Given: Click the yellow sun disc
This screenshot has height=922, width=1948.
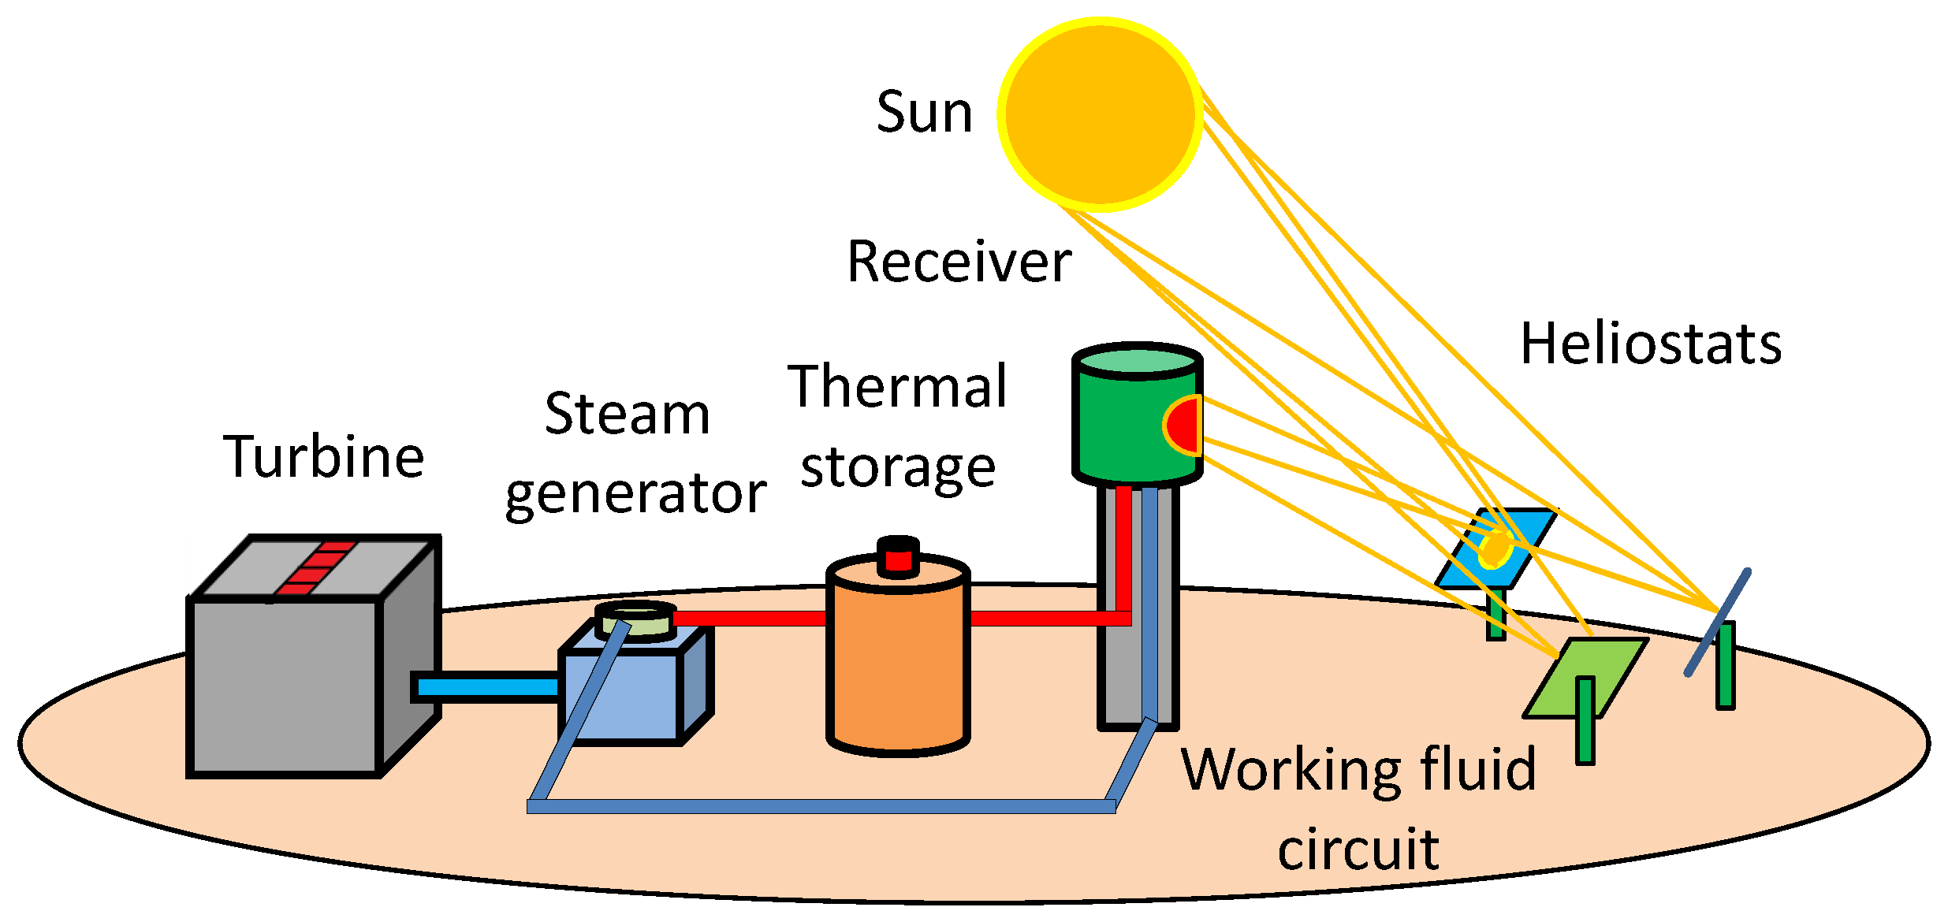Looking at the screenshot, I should (1100, 114).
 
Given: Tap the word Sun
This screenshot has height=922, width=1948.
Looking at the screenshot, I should (924, 113).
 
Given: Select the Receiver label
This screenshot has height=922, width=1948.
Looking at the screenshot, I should (959, 262).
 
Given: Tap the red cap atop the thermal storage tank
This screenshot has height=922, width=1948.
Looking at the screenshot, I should (898, 560).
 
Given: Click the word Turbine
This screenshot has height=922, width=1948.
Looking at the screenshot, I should (323, 457).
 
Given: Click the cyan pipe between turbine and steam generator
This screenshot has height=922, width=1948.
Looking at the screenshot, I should (486, 687).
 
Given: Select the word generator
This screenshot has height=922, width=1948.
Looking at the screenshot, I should (635, 495).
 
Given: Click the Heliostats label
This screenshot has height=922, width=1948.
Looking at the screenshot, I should (1651, 344).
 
